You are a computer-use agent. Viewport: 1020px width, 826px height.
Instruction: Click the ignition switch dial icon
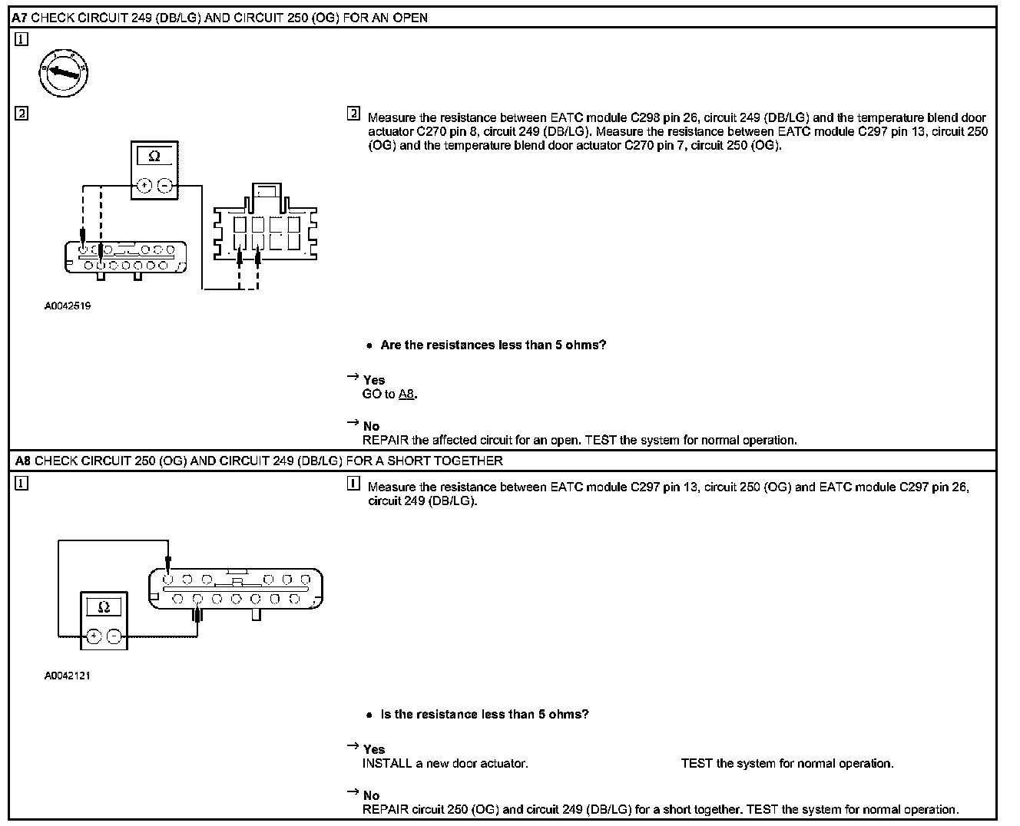(x=64, y=74)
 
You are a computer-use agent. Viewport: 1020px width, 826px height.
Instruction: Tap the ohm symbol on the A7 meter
(x=154, y=157)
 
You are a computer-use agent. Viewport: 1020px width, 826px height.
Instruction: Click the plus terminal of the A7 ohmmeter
(x=144, y=185)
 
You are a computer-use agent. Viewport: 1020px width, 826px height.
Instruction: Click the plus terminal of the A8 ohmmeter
(x=94, y=636)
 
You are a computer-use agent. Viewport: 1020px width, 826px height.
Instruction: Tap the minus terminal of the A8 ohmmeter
(x=114, y=636)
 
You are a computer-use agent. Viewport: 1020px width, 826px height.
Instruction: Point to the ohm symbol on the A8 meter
(x=104, y=607)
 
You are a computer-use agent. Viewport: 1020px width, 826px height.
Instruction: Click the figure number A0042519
(x=68, y=306)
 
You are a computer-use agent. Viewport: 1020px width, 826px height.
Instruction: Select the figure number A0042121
(x=68, y=676)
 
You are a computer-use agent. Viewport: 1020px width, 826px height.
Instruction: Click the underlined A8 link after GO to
(x=407, y=394)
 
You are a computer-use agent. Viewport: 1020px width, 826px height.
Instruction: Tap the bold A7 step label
(x=20, y=17)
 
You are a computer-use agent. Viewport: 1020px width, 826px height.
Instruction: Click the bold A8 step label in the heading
(x=23, y=461)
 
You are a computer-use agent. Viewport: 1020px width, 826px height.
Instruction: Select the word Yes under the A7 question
(x=374, y=380)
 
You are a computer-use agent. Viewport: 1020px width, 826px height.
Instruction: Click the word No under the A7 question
(x=372, y=426)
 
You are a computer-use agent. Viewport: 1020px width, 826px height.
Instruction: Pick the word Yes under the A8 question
(x=374, y=749)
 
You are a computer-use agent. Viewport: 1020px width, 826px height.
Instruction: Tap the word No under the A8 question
(x=372, y=795)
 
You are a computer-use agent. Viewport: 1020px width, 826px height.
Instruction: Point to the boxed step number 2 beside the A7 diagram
(x=22, y=114)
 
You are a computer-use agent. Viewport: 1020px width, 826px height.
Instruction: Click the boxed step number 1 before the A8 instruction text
(x=353, y=484)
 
